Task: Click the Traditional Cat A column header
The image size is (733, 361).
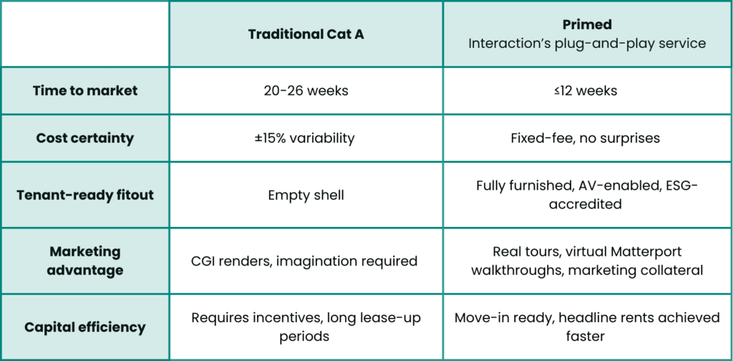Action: click(x=306, y=34)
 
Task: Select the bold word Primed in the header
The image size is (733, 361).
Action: click(x=587, y=24)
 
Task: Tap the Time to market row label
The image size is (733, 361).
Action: click(x=85, y=90)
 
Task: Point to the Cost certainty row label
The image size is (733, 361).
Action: click(x=85, y=138)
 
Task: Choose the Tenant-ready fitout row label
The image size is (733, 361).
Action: click(x=85, y=195)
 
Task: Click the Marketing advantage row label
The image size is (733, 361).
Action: click(x=85, y=261)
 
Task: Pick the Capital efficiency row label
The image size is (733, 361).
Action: click(x=85, y=327)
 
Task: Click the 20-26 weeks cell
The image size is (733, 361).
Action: click(x=306, y=90)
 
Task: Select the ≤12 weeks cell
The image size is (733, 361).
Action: click(x=587, y=90)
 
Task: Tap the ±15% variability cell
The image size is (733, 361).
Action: click(x=306, y=138)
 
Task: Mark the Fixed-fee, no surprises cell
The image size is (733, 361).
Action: click(x=587, y=138)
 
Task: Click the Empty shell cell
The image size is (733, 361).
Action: click(x=306, y=195)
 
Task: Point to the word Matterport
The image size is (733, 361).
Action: click(x=646, y=251)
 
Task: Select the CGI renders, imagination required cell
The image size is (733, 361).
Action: click(x=304, y=261)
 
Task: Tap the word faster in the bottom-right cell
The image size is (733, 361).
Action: click(x=586, y=336)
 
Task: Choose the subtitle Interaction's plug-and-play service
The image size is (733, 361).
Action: click(x=587, y=44)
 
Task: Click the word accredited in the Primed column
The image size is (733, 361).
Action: click(x=586, y=204)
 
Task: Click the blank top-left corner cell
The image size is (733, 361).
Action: click(x=85, y=34)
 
